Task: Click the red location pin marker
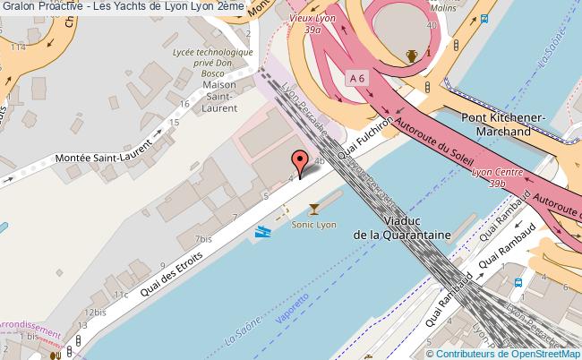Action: click(299, 161)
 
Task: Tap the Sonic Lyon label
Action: click(314, 225)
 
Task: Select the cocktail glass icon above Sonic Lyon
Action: click(313, 210)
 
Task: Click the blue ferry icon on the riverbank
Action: click(264, 232)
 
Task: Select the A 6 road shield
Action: click(357, 79)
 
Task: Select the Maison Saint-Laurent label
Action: click(220, 96)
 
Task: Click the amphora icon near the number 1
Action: click(411, 56)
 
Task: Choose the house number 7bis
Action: click(202, 240)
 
